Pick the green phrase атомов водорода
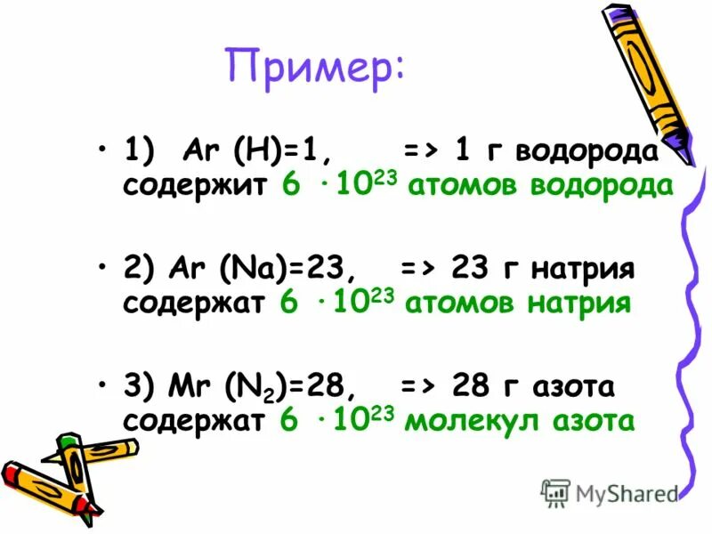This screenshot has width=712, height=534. [x=539, y=187]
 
